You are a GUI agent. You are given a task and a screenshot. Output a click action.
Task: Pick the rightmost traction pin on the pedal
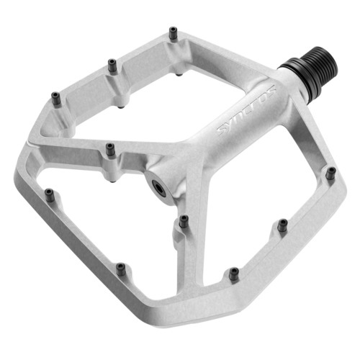(x=330, y=173)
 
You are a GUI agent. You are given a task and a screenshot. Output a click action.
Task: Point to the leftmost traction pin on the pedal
(x=50, y=193)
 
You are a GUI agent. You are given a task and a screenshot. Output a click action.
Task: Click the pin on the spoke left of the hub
(x=110, y=149)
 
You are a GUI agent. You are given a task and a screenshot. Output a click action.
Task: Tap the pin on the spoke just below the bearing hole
(x=184, y=219)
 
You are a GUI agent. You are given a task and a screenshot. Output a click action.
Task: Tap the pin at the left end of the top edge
(x=55, y=96)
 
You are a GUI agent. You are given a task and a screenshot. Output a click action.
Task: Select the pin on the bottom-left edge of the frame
(x=121, y=270)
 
